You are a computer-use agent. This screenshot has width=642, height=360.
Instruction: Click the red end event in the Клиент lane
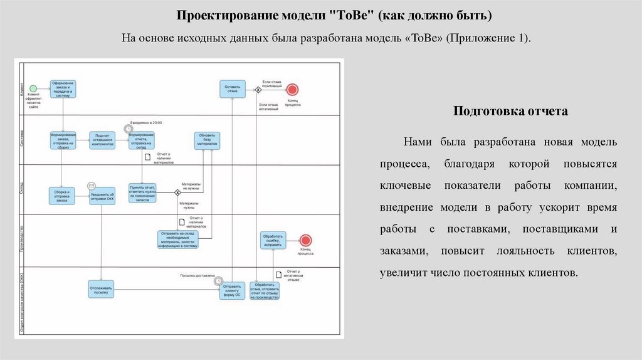coord(292,88)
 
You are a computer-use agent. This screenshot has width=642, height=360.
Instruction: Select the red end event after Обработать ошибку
coord(305,240)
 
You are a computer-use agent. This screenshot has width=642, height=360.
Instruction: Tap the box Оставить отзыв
coord(232,88)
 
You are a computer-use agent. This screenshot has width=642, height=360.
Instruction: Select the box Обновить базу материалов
coord(207,140)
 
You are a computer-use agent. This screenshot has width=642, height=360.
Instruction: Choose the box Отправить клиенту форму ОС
coord(232,290)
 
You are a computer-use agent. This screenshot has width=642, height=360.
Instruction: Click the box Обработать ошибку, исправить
coord(273,240)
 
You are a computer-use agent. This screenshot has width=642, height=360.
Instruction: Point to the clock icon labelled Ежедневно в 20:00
coord(129,129)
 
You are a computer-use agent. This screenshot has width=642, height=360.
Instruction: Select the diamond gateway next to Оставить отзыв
coord(258,89)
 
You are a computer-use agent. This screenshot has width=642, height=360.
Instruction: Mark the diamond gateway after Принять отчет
coord(177,193)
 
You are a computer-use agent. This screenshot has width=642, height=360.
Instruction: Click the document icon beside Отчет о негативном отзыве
coord(278,273)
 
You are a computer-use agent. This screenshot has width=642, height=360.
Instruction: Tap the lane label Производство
coord(21,240)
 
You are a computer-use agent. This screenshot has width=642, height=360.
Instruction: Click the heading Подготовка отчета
coord(510,111)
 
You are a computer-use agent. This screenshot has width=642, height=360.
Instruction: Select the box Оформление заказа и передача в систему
coord(63,88)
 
